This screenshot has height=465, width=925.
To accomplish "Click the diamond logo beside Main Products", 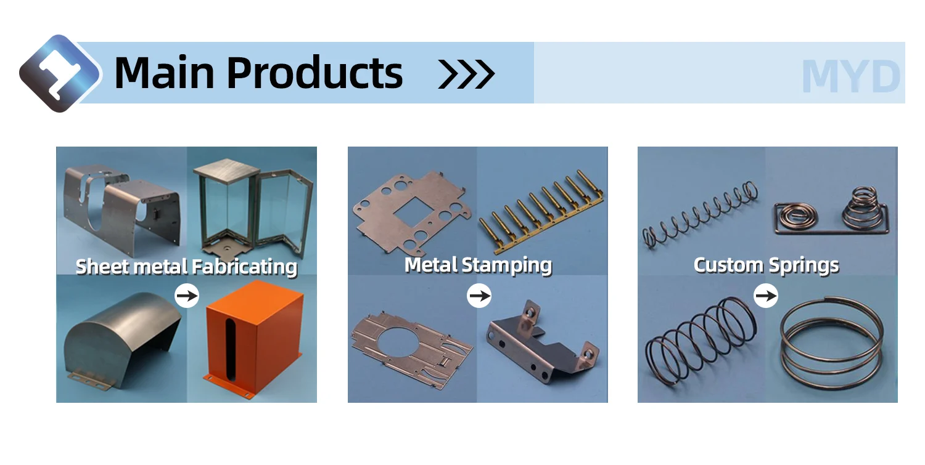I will (59, 74).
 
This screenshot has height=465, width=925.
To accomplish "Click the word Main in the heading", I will (165, 73).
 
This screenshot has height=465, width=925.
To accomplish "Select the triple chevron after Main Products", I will (466, 74).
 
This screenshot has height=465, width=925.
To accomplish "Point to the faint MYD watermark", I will (851, 77).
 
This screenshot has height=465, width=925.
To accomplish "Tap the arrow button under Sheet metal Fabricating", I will (187, 296).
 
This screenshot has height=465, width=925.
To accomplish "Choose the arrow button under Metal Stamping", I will (479, 296).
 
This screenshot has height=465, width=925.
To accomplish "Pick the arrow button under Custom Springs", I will (766, 296).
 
